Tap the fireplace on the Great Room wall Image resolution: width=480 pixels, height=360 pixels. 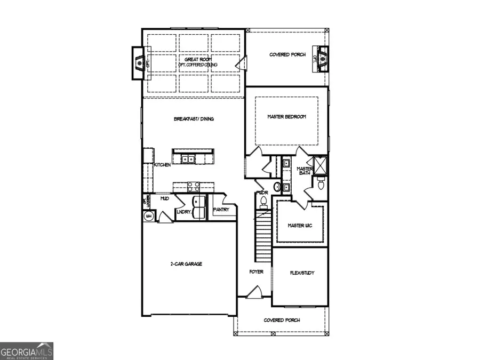[x=140, y=63]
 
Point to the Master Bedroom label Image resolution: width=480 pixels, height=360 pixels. [x=286, y=117]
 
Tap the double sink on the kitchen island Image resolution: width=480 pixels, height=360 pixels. [x=187, y=158]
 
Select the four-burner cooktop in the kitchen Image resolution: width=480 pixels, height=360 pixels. [x=193, y=186]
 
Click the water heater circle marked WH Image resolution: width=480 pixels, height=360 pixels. [x=149, y=215]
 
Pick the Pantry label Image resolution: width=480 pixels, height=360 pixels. [x=221, y=210]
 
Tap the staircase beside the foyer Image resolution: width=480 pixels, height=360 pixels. [x=263, y=235]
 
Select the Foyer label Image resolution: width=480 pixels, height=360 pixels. [x=256, y=272]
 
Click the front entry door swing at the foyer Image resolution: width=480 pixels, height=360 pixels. [x=255, y=291]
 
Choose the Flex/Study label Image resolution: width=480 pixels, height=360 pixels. [x=301, y=273]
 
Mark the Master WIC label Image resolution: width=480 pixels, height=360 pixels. [x=300, y=226]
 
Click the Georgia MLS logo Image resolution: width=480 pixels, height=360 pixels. [x=27, y=351]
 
